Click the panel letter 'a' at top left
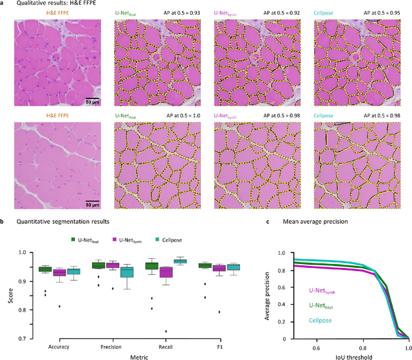3,5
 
